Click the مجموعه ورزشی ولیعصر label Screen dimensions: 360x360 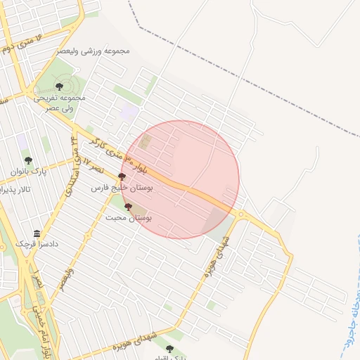click(98, 52)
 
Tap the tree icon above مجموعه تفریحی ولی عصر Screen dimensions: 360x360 click(58, 86)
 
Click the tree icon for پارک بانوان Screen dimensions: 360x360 click(29, 161)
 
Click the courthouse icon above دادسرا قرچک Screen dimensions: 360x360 click(37, 233)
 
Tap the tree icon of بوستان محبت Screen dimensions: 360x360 click(128, 207)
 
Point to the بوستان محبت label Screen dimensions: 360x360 click(129, 218)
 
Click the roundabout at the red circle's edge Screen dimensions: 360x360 click(241, 214)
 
